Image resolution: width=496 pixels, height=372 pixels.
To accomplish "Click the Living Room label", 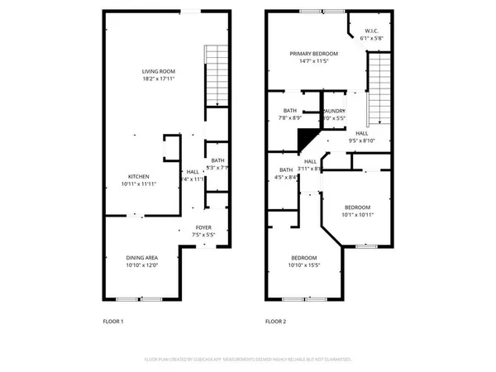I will [159, 72].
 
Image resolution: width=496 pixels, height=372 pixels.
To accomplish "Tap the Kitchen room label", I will [137, 175].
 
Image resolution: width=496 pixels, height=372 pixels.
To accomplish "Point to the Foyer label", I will [203, 227].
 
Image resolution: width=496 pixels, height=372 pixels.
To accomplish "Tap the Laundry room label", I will [334, 111].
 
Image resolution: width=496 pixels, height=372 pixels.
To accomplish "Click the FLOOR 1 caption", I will [112, 321].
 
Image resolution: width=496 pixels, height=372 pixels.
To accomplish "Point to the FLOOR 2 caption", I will [275, 321].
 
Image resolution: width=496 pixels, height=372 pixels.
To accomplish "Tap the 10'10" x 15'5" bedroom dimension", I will [303, 265].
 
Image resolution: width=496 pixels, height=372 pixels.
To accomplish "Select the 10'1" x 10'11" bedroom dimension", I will [358, 215].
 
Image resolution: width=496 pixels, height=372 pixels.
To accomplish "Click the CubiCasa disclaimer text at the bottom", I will [248, 360].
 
